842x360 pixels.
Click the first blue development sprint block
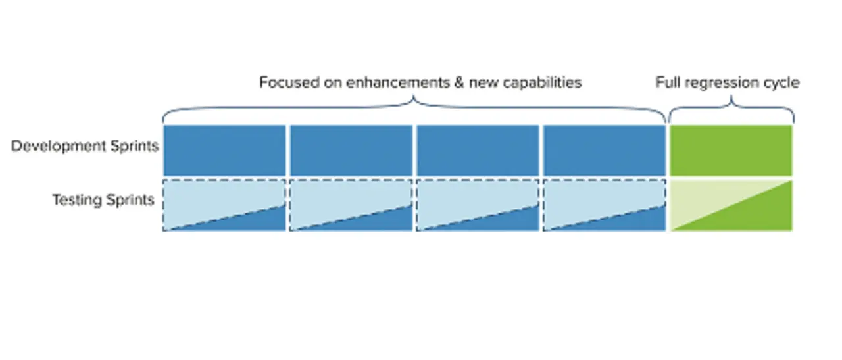[x=224, y=151]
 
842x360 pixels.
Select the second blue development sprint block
[x=351, y=151]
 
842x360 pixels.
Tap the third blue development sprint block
[x=478, y=151]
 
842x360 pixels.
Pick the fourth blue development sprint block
[x=605, y=151]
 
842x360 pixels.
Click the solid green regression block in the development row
[x=731, y=151]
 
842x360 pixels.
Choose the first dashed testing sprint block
[x=224, y=205]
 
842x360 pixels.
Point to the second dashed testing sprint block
[x=351, y=205]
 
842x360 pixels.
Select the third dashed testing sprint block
[x=478, y=205]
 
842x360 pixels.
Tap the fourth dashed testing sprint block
[x=605, y=205]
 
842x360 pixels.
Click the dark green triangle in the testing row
[x=752, y=215]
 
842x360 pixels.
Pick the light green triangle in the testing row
[x=706, y=195]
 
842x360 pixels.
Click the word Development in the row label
[x=59, y=146]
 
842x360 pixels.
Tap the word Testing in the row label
[x=77, y=200]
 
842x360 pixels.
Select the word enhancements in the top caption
[x=398, y=82]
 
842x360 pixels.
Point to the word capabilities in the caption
[x=543, y=83]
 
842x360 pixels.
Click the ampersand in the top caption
[x=459, y=82]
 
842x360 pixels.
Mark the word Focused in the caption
[x=289, y=82]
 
